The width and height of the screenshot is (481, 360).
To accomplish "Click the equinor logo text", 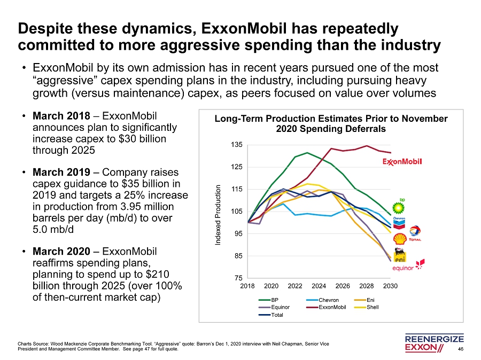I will [404, 268].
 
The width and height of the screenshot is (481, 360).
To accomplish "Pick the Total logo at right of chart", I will [415, 233].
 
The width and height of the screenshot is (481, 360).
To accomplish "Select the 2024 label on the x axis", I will [319, 287].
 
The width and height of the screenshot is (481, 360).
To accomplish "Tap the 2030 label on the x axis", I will [390, 287].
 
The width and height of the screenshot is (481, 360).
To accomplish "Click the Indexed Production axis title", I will [218, 215].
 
